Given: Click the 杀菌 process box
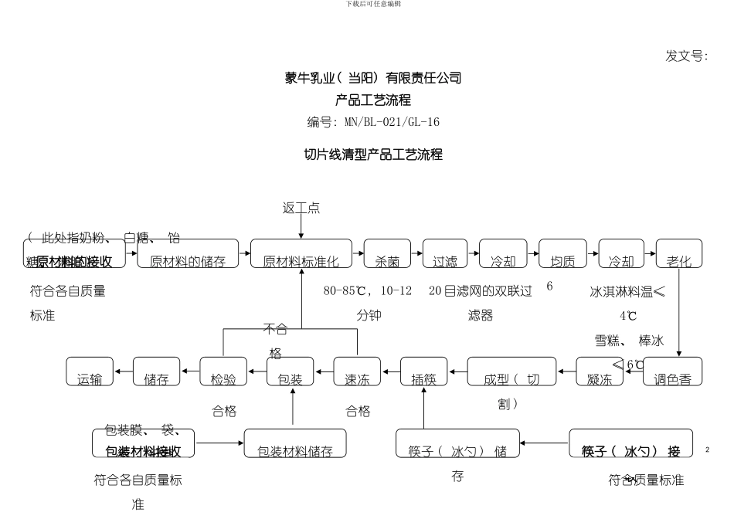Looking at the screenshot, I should [x=387, y=253].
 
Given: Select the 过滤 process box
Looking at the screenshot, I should [x=445, y=253].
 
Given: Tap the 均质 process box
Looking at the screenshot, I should [x=562, y=253].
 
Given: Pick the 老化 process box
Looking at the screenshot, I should [x=679, y=253].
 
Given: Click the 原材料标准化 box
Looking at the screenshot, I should [x=301, y=253].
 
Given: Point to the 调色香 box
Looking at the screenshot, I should [x=672, y=371].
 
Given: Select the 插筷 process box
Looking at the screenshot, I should [x=424, y=371].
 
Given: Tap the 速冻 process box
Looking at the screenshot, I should [x=357, y=371].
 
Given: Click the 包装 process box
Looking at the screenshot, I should [x=291, y=371].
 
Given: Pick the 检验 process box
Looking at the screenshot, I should [x=223, y=371].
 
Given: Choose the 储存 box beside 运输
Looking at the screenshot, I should [x=157, y=371].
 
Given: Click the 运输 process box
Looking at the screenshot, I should [x=90, y=371].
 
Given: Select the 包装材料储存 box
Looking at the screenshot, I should [x=295, y=443].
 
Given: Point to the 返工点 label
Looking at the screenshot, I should [x=301, y=208].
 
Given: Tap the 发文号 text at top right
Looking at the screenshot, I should [x=686, y=56].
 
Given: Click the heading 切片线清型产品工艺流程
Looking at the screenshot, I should [x=373, y=154].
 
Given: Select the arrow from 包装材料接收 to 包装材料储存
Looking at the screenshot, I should [x=219, y=443].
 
